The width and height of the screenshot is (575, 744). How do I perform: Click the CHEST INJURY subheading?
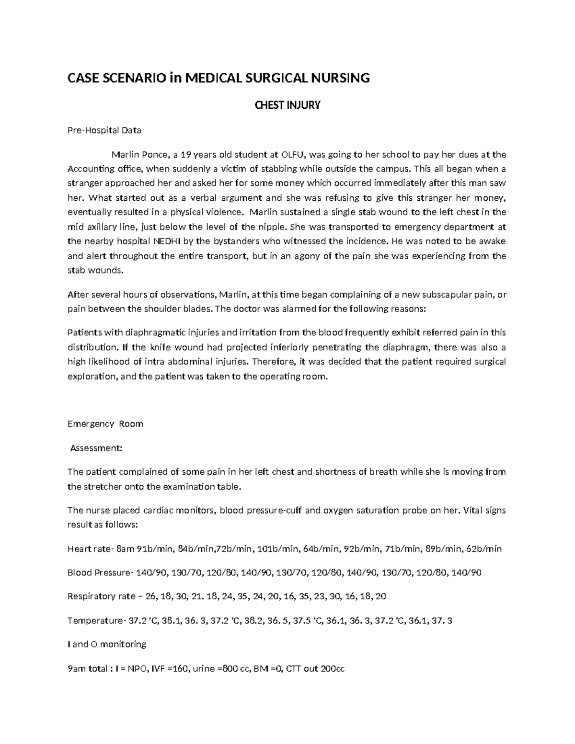287,105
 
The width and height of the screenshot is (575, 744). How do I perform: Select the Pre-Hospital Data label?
104,130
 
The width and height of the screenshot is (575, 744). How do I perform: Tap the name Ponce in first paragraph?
155,154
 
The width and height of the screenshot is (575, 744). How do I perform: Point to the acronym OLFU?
293,154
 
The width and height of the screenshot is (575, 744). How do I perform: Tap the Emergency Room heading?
105,424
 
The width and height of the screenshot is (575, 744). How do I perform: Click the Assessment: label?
96,448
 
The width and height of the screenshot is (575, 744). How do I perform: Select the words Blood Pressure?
99,573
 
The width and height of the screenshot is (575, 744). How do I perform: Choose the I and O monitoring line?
107,644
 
